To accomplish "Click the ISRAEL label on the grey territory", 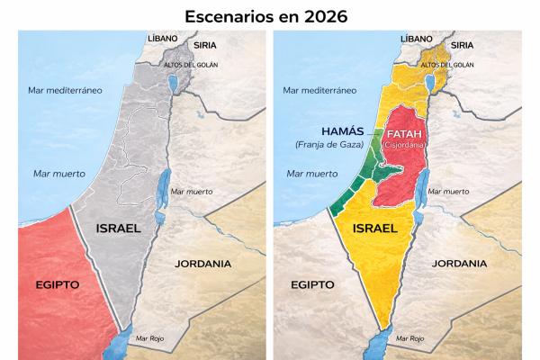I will [118, 228].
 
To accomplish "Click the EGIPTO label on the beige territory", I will [314, 283].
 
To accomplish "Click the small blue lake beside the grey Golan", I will [173, 86].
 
